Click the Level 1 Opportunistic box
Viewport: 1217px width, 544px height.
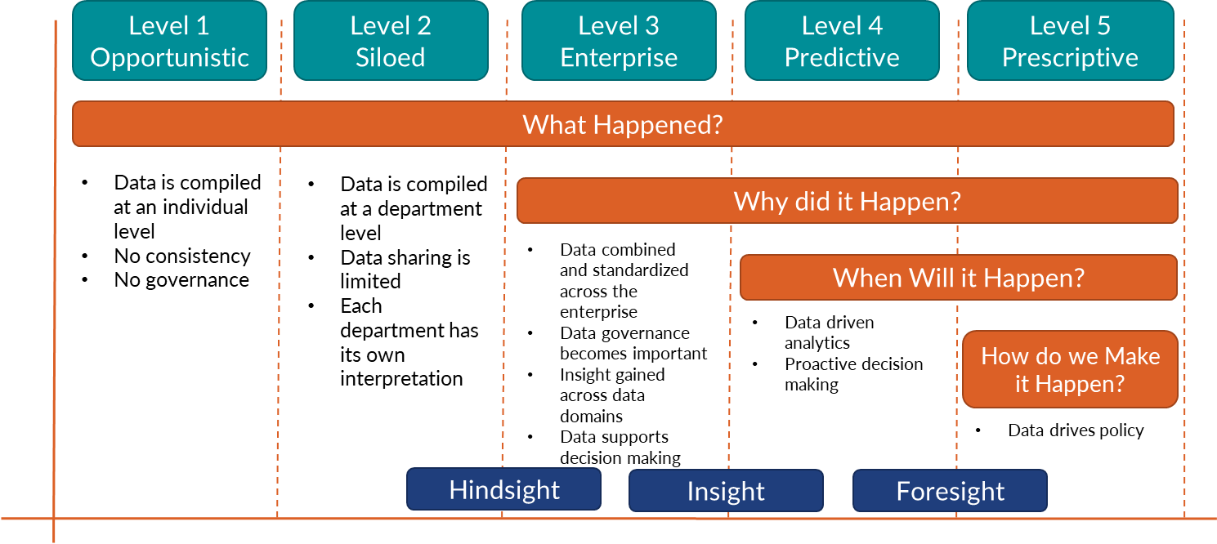point(169,41)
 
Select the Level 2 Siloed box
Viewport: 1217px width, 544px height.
point(391,41)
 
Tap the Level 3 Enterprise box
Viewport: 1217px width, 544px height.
point(619,41)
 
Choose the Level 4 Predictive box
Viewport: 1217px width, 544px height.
point(842,41)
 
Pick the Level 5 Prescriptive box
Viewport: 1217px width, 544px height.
point(1070,41)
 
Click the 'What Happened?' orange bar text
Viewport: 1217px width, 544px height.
point(623,125)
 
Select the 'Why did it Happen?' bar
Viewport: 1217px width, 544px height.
point(847,201)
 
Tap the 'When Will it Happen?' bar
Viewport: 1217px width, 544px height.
point(958,278)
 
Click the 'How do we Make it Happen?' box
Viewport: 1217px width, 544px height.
point(1070,369)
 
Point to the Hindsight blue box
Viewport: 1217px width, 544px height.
point(503,490)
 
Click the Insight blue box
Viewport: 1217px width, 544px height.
point(726,491)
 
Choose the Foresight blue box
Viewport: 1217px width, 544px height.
point(950,491)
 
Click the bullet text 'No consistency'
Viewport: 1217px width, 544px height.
point(181,256)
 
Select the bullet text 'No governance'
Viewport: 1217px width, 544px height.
point(181,280)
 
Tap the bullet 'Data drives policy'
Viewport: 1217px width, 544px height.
point(1075,430)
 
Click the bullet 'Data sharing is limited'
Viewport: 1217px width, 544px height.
point(405,270)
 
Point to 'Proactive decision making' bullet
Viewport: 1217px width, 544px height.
point(852,374)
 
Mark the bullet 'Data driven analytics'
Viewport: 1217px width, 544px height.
point(828,332)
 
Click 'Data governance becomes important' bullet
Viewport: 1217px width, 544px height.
point(633,343)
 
